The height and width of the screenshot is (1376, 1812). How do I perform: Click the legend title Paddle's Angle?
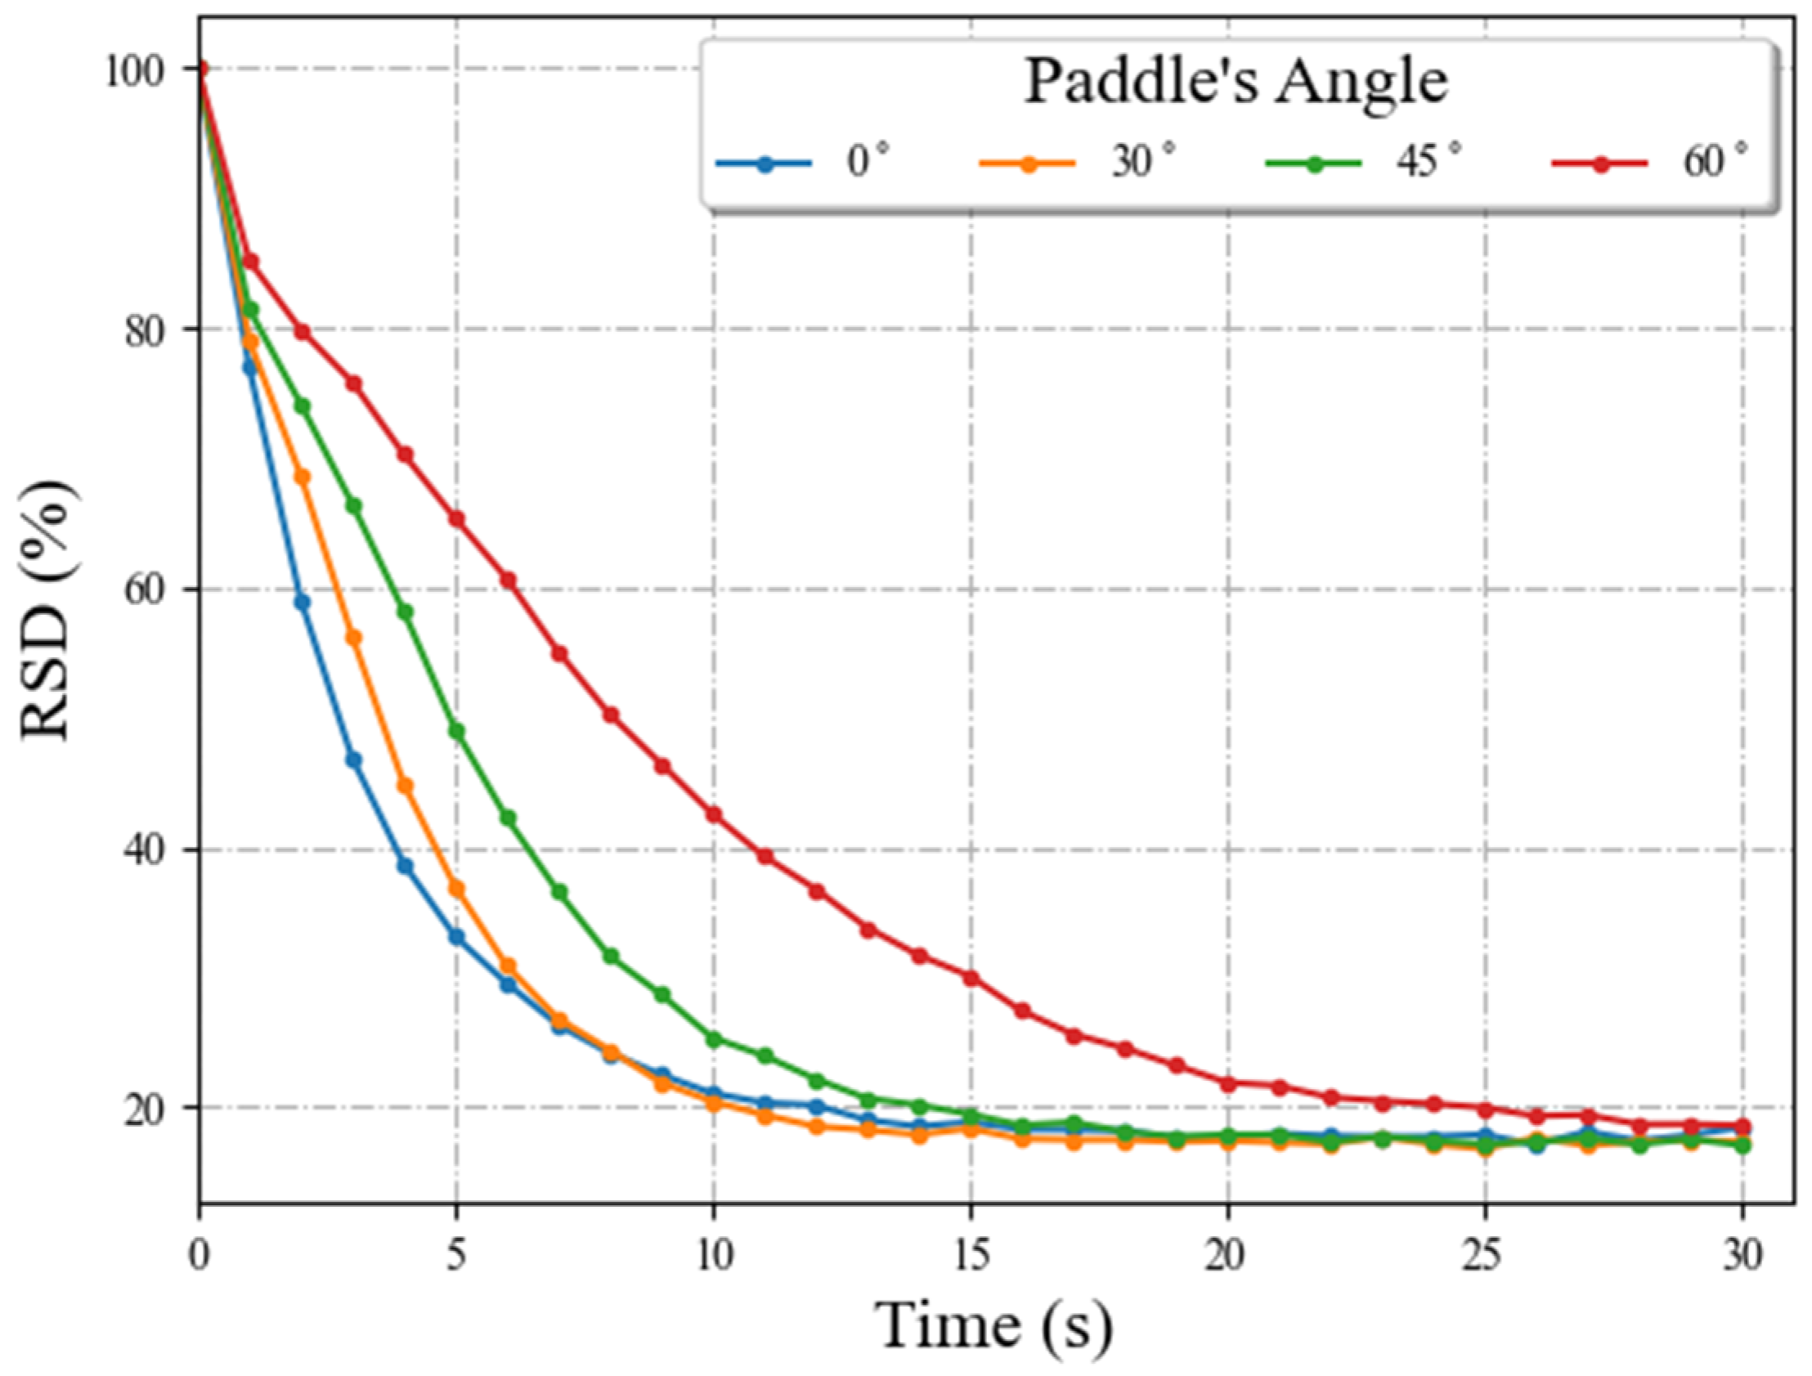tap(1236, 82)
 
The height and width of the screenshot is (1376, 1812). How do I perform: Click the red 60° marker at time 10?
tap(714, 815)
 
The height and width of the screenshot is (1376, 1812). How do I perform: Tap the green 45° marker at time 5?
tap(456, 732)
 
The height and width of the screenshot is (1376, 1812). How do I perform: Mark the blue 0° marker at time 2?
tap(303, 602)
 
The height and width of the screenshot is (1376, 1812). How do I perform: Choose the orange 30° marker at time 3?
tap(354, 638)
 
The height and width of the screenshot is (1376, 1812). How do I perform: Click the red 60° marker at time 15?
tap(971, 978)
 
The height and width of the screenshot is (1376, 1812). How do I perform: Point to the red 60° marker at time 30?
tap(1742, 1127)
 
